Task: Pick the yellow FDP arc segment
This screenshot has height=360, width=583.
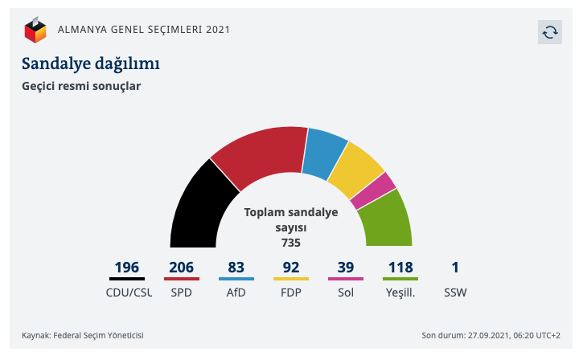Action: pyautogui.click(x=355, y=171)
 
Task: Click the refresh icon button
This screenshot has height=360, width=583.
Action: pyautogui.click(x=549, y=31)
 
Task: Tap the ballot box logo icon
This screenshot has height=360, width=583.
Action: pyautogui.click(x=35, y=31)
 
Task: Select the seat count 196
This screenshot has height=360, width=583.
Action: pyautogui.click(x=126, y=268)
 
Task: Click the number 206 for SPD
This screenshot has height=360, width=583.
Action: pyautogui.click(x=182, y=268)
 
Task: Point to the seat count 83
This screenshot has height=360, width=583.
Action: pyautogui.click(x=236, y=268)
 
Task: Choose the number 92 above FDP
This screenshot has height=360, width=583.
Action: pyautogui.click(x=291, y=268)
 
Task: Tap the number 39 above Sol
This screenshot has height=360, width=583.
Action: pyautogui.click(x=346, y=268)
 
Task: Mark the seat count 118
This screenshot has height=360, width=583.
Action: pyautogui.click(x=400, y=268)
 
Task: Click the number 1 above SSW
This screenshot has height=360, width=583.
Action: pyautogui.click(x=454, y=268)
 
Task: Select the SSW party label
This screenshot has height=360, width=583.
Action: pyautogui.click(x=454, y=292)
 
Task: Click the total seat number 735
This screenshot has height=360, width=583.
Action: pyautogui.click(x=291, y=241)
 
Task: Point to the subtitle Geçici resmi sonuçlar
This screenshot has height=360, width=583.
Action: pyautogui.click(x=80, y=85)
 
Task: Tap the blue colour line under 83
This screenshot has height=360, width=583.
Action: pyautogui.click(x=236, y=279)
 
